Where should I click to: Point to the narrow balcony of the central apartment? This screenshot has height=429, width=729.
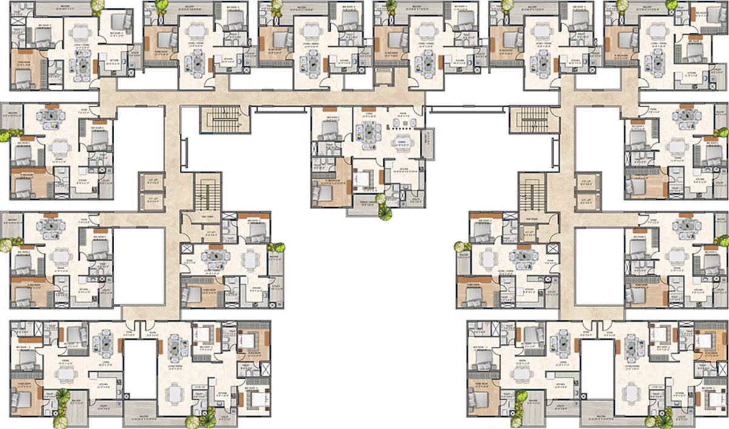pyautogui.click(x=430, y=143)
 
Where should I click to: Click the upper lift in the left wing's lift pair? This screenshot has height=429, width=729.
pyautogui.click(x=148, y=180)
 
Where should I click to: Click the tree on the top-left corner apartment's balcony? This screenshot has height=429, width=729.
pyautogui.click(x=97, y=7)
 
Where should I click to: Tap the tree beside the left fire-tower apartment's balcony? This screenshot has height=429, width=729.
pyautogui.click(x=278, y=247)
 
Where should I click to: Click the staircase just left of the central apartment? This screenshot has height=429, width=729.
pyautogui.click(x=225, y=118)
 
